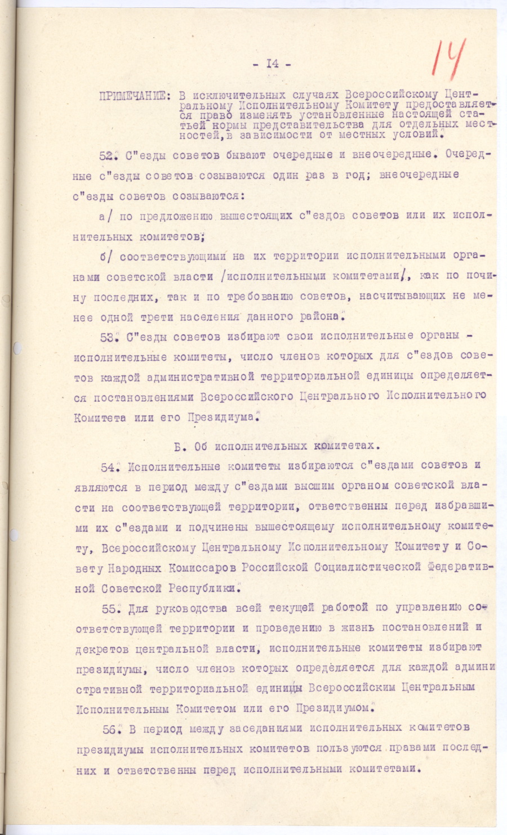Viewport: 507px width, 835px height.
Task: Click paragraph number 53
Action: point(107,337)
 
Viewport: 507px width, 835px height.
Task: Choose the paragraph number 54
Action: point(109,467)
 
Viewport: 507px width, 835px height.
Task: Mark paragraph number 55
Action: point(109,609)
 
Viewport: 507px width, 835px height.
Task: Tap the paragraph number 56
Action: point(110,729)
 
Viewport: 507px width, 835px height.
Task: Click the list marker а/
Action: point(106,216)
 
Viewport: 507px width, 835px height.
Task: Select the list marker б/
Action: point(106,257)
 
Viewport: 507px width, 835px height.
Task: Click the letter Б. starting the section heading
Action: point(179,447)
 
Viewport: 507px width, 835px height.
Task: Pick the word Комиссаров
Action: point(202,568)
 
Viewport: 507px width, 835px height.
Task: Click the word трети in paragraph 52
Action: point(155,317)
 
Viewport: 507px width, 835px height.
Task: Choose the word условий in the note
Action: point(420,135)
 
